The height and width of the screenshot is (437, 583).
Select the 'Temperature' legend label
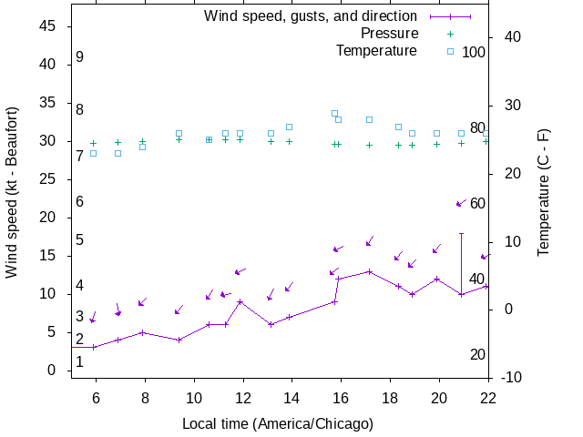(x=376, y=50)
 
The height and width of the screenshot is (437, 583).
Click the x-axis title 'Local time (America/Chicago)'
(x=278, y=423)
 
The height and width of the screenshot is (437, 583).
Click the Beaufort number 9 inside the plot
(x=80, y=56)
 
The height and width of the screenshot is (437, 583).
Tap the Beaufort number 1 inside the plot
(x=80, y=361)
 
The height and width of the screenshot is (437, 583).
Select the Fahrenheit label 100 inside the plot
(x=474, y=52)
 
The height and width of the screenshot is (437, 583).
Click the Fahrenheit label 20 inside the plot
(x=477, y=354)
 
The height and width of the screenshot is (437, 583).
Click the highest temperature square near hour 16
(x=334, y=114)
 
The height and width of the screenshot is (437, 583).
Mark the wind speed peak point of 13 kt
(x=369, y=271)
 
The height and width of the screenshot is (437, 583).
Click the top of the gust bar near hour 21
(x=462, y=233)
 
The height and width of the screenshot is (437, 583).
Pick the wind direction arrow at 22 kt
(x=460, y=203)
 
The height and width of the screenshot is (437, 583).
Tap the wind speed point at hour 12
(x=240, y=301)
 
